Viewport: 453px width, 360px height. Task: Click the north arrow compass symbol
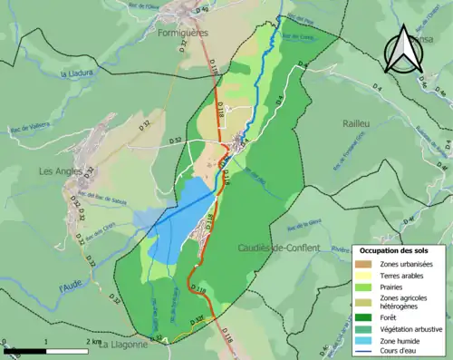tap(402, 49)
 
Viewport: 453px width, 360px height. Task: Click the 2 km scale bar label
tap(92, 341)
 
